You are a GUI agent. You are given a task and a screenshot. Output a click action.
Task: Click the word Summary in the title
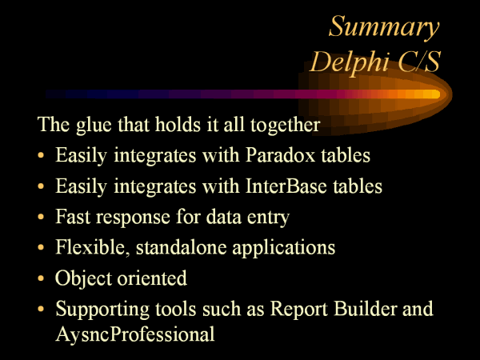tap(384, 27)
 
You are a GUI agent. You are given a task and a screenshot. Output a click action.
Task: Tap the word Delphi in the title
tap(350, 62)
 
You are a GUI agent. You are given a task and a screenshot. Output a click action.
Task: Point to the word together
tap(286, 126)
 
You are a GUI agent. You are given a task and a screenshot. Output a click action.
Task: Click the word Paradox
tap(281, 155)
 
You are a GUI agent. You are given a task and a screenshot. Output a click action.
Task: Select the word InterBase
tap(286, 186)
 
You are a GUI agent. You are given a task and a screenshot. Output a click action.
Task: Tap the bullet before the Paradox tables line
tap(41, 155)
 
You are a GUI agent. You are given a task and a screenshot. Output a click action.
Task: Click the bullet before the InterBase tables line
tap(41, 186)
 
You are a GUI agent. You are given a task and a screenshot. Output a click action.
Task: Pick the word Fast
tap(73, 217)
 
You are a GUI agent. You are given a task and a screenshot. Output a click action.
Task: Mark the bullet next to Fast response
tap(41, 217)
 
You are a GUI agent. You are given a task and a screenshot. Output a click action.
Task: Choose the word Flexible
tap(93, 247)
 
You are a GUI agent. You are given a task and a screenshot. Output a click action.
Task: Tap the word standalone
tap(182, 247)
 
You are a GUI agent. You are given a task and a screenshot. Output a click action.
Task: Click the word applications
tap(283, 248)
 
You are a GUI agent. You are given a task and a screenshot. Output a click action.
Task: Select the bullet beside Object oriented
tap(41, 278)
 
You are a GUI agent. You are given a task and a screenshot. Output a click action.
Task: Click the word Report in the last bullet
tap(299, 309)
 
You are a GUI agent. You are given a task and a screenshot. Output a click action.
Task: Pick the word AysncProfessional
tap(135, 334)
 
